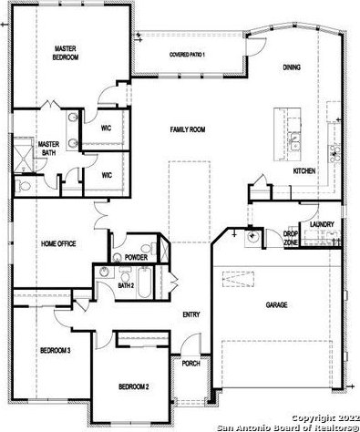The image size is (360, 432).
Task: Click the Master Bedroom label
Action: coord(66,53)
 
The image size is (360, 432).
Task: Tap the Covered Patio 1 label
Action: coord(187,55)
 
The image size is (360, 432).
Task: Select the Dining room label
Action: coord(292,67)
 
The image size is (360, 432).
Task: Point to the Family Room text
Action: coord(188,129)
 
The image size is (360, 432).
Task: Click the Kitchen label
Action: coord(304,171)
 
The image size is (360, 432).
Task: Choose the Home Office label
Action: coord(58,243)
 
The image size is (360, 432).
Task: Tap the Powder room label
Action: coord(136,258)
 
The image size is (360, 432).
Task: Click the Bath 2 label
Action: coord(126,285)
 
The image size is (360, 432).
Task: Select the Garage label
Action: coord(276,304)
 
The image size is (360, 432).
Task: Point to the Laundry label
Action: coord(322,224)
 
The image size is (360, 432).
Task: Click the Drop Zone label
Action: coord(291,239)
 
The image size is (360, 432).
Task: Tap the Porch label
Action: coord(191,364)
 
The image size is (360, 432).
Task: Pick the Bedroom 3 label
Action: coord(56,351)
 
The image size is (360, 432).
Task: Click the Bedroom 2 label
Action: coord(134,386)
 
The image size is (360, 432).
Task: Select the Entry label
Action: coord(191,314)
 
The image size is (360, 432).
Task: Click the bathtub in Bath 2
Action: coord(144,283)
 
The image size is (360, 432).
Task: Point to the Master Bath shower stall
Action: coord(23,155)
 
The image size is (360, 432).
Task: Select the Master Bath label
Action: coord(48,149)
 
